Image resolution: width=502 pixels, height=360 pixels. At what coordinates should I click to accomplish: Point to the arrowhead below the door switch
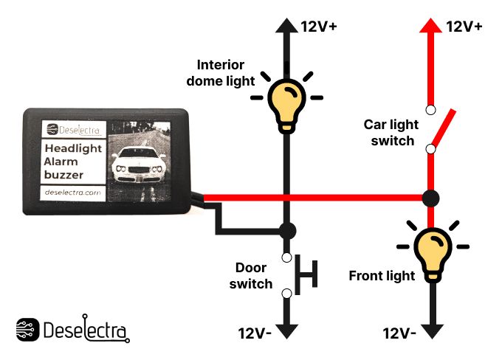pos(287,328)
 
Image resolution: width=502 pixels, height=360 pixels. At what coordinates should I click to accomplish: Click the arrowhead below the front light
pos(431,328)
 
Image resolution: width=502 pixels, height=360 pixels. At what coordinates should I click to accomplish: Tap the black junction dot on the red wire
pos(431,198)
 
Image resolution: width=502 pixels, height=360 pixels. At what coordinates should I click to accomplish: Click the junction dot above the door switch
pos(287,230)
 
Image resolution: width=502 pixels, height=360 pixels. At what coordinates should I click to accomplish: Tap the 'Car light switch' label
pos(389,133)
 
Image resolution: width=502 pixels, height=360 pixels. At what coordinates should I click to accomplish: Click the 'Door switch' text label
pos(251,276)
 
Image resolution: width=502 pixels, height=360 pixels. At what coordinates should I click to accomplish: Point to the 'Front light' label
pos(381,277)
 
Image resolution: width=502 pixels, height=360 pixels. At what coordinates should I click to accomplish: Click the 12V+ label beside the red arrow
pos(464,27)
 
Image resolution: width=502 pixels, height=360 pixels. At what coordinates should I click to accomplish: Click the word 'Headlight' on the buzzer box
pos(73,148)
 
